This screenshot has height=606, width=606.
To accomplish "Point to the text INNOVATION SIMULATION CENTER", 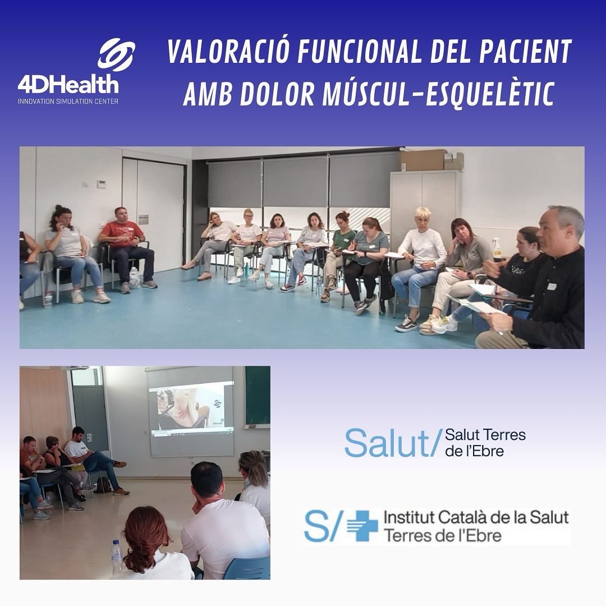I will tap(68, 102).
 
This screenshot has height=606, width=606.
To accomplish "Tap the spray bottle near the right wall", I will tap(497, 250).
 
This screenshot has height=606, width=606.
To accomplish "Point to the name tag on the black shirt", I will tap(551, 286).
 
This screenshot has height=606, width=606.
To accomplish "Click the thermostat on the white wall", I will tap(100, 184).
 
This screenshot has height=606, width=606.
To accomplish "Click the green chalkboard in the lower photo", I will tap(257, 396).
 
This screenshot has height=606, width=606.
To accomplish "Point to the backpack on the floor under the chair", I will tap(103, 485).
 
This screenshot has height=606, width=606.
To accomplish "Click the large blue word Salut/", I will tap(390, 443).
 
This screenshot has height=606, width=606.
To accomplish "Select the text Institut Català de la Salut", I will tap(476, 517).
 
